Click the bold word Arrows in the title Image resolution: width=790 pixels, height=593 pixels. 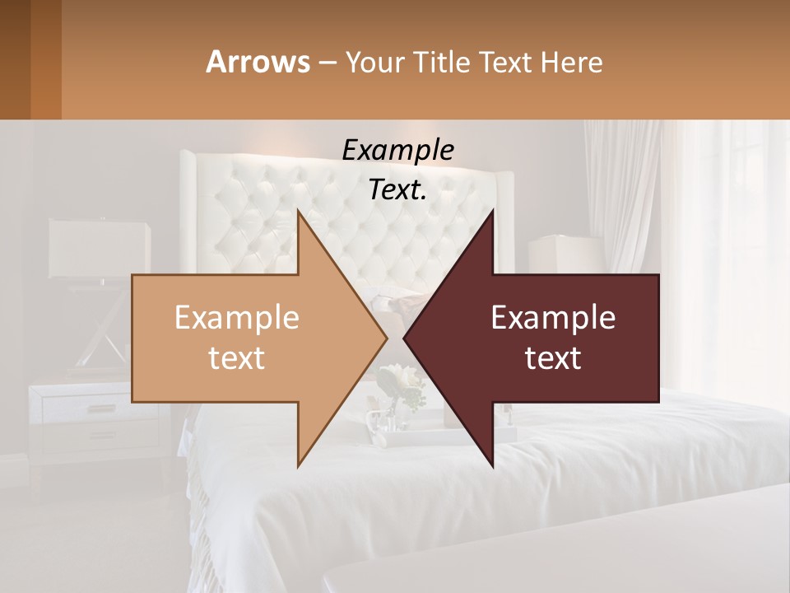258,62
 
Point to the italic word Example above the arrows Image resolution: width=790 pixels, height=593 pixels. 397,151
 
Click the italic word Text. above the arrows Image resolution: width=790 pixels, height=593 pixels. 397,190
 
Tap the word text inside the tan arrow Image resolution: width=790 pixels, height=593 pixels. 236,358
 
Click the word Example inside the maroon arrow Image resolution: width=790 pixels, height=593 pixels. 553,318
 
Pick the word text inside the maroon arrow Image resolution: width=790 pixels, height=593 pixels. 553,358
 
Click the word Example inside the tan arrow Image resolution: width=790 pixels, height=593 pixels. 236,318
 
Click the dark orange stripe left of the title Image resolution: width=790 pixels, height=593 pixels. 45,59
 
